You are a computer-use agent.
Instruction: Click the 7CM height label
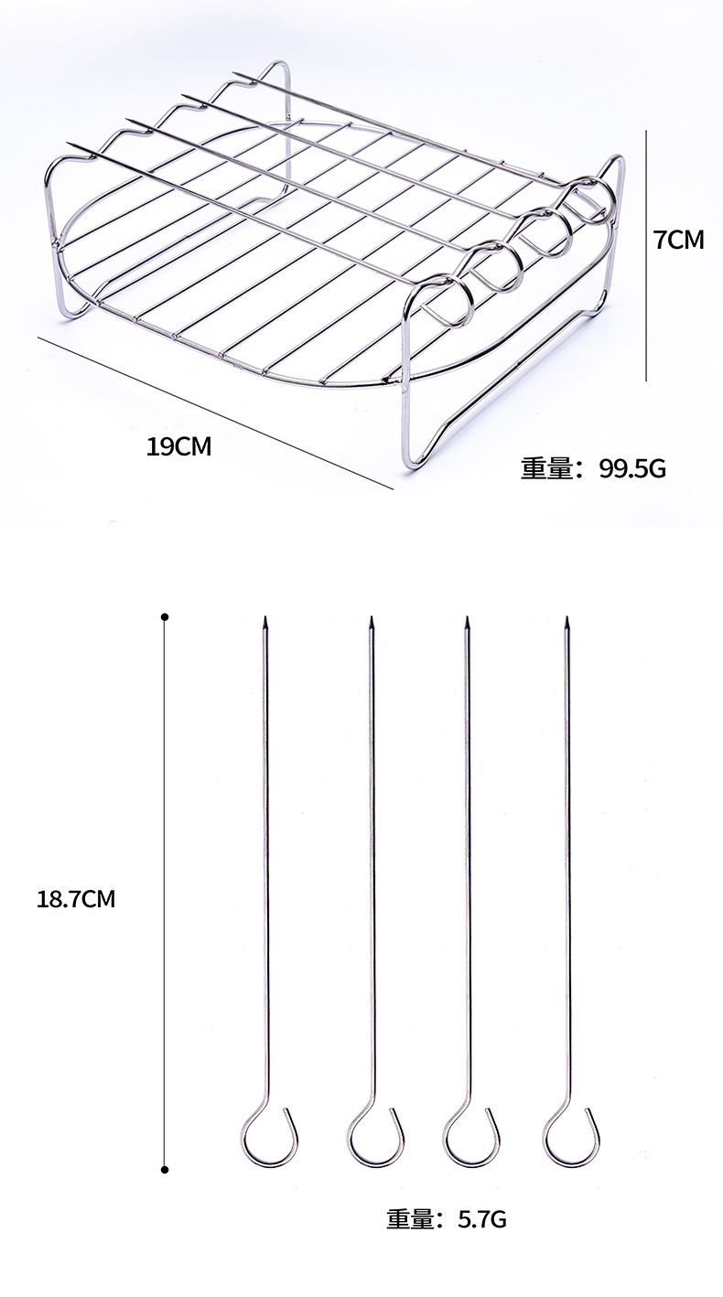click(x=678, y=241)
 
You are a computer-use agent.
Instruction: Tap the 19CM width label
click(x=178, y=446)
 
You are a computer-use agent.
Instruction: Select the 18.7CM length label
click(x=76, y=899)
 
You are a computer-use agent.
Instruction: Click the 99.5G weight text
click(x=632, y=469)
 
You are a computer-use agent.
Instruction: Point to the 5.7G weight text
click(x=472, y=1219)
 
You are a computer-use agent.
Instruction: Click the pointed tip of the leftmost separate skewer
click(x=265, y=622)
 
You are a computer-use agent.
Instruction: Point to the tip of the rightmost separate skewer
click(x=567, y=622)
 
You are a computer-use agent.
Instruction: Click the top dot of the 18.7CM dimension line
click(x=165, y=616)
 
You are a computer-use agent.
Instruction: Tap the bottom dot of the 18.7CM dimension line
click(x=165, y=1169)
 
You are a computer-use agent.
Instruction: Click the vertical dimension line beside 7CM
click(x=647, y=256)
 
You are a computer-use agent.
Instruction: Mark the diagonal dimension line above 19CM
click(x=215, y=412)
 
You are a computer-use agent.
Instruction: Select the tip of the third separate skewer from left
click(x=467, y=622)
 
